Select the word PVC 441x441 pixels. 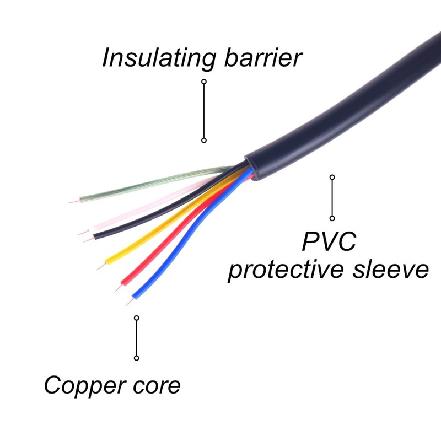pyautogui.click(x=330, y=242)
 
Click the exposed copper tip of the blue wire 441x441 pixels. pyautogui.click(x=128, y=304)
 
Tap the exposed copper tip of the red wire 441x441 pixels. pyautogui.click(x=117, y=288)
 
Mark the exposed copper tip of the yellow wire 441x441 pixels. pyautogui.click(x=101, y=266)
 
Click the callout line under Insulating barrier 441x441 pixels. pyautogui.click(x=204, y=111)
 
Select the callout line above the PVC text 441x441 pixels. pyautogui.click(x=332, y=198)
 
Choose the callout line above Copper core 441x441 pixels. pyautogui.click(x=137, y=338)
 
